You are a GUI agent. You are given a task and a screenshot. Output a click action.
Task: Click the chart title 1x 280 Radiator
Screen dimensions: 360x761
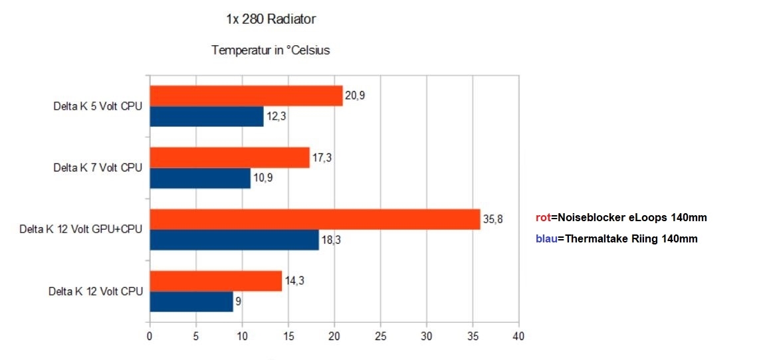pos(271,19)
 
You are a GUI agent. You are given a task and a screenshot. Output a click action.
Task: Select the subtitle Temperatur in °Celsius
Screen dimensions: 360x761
pos(271,50)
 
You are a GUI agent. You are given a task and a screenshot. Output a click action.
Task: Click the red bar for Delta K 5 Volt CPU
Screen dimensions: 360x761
pos(246,96)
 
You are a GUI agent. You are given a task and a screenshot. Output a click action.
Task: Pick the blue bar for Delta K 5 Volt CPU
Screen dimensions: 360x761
pos(207,116)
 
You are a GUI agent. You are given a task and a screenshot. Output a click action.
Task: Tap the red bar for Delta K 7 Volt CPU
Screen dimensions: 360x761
pos(229,157)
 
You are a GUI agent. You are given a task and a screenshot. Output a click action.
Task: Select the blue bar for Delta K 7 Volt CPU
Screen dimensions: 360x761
pos(200,178)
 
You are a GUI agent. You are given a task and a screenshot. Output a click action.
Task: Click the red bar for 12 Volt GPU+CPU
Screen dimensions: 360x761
pos(314,219)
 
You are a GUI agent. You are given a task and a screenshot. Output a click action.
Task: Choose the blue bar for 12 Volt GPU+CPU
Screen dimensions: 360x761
pos(234,240)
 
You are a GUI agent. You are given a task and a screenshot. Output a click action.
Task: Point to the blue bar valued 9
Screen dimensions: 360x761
pos(191,302)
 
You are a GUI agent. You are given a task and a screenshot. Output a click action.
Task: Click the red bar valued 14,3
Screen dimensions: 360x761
pos(215,281)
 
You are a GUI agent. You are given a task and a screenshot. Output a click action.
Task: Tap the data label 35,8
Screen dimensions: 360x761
pos(492,219)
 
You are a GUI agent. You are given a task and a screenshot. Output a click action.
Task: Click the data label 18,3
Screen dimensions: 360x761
pos(331,240)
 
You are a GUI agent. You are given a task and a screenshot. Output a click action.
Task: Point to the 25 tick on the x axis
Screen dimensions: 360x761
pos(380,336)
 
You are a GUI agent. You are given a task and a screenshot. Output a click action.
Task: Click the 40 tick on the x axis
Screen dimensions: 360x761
pos(518,336)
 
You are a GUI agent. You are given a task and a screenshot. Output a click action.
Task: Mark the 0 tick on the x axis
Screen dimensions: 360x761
pos(150,336)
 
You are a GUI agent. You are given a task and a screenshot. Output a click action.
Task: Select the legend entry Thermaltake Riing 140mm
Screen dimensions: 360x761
pos(616,239)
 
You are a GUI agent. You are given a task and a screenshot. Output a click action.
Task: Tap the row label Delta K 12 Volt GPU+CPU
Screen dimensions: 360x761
pos(80,230)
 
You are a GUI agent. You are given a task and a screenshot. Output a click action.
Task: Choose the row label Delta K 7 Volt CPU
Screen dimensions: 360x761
pos(98,168)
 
